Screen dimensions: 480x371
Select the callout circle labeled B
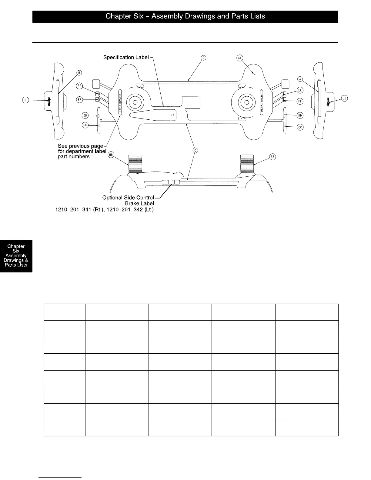click(79, 73)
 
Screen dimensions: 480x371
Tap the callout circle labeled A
click(300, 79)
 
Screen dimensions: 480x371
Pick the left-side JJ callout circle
click(26, 99)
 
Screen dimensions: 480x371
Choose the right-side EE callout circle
click(300, 90)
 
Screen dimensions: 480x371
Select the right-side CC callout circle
click(300, 127)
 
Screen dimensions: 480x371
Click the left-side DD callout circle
click(85, 115)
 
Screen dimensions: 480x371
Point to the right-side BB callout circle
click(272, 157)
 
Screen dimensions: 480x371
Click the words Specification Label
click(126, 57)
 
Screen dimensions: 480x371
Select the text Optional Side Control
click(128, 198)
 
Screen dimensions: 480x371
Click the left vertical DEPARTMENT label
click(120, 102)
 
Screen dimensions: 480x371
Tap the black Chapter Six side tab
click(16, 256)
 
